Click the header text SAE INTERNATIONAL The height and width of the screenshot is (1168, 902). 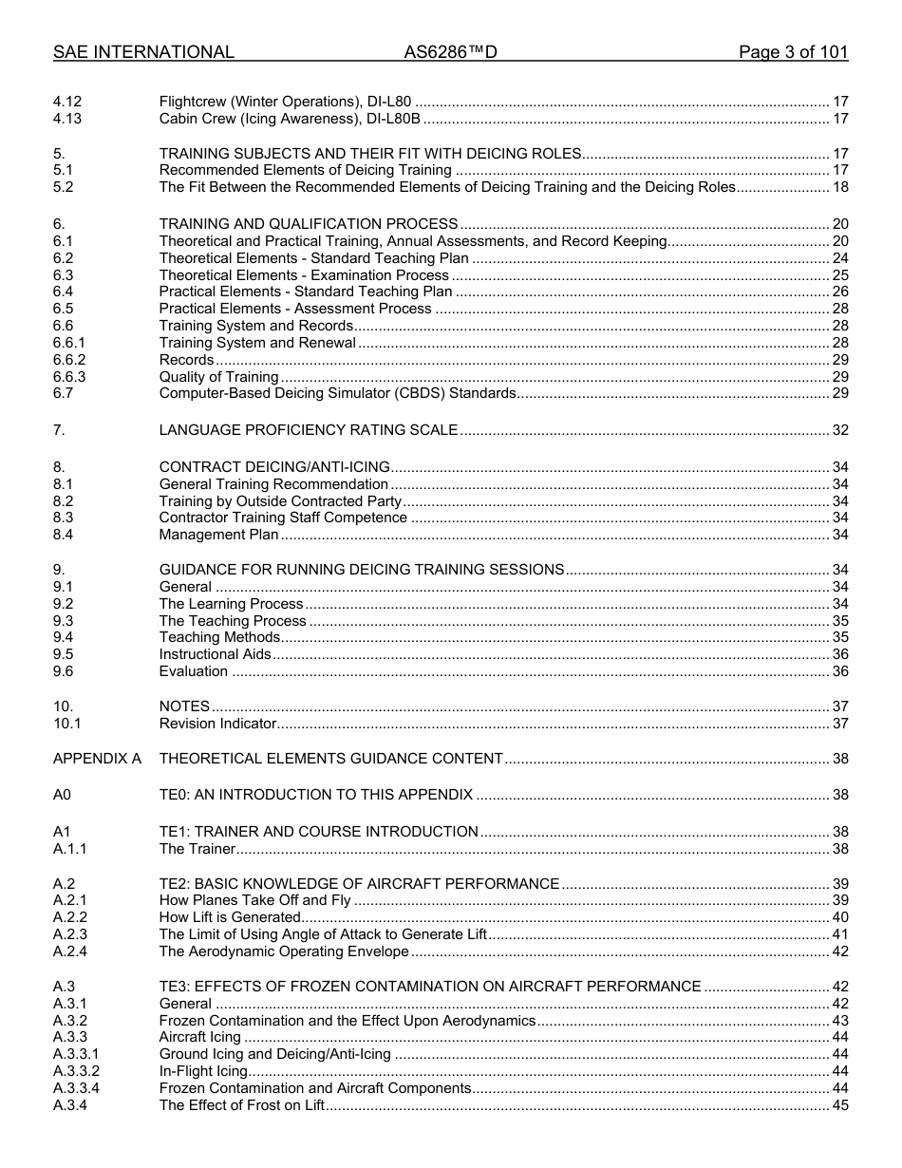(143, 52)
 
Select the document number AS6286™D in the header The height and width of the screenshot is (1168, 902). (450, 52)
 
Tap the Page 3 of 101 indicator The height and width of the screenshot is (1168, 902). (793, 52)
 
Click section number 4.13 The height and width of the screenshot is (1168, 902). (67, 119)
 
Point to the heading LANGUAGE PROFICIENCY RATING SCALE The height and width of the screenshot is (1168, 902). (309, 430)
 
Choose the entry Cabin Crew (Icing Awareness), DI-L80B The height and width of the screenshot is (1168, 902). (290, 119)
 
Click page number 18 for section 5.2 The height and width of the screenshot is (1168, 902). (839, 187)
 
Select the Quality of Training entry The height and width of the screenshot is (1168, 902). (218, 377)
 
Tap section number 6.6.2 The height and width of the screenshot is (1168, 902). (69, 360)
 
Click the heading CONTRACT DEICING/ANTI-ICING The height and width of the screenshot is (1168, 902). (274, 466)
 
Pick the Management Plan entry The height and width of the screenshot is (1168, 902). (218, 535)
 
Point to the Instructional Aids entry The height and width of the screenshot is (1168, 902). (215, 654)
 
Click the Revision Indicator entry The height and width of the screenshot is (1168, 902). (217, 724)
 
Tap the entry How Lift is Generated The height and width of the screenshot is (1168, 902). (230, 917)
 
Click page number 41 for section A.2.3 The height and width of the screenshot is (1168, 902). (839, 934)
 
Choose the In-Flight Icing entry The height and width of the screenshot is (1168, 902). (203, 1071)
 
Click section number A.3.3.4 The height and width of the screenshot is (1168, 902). (76, 1088)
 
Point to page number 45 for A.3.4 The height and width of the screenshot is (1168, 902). (839, 1105)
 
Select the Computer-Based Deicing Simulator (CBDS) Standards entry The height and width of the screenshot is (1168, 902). (337, 393)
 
